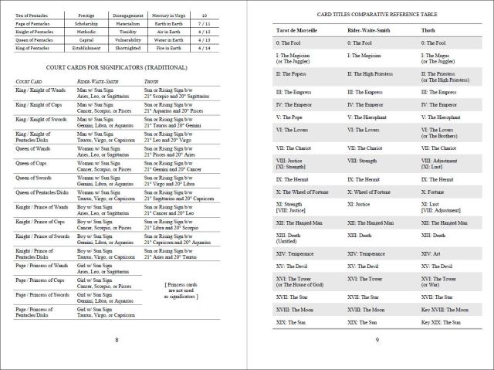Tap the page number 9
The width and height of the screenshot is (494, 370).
[x=377, y=339]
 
